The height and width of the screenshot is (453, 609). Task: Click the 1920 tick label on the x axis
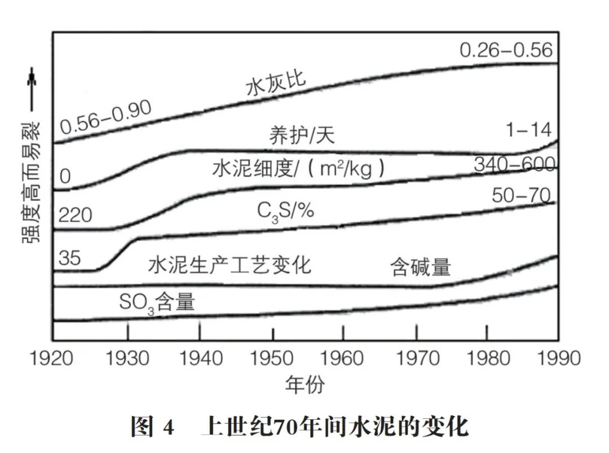[51, 358]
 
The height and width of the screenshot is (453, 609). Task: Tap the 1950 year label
[272, 358]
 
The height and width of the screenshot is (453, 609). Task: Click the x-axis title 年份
[304, 385]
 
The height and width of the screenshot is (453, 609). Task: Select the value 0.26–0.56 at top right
[506, 50]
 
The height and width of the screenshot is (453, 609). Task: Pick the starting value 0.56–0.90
[107, 118]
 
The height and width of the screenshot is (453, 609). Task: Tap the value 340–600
[514, 165]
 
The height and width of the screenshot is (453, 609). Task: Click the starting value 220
[75, 215]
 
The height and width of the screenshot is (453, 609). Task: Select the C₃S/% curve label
[285, 212]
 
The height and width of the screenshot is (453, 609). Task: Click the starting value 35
[69, 258]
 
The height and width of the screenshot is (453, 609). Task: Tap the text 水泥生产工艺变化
[230, 265]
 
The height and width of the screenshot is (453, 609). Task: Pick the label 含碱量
[421, 267]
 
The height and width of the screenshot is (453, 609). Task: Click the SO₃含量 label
[157, 303]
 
